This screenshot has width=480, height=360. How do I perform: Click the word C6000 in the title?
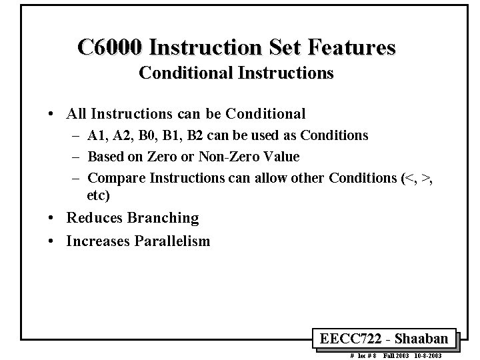click(111, 48)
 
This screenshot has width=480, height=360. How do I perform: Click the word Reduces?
click(92, 218)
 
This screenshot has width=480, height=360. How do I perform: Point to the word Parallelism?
click(173, 241)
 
